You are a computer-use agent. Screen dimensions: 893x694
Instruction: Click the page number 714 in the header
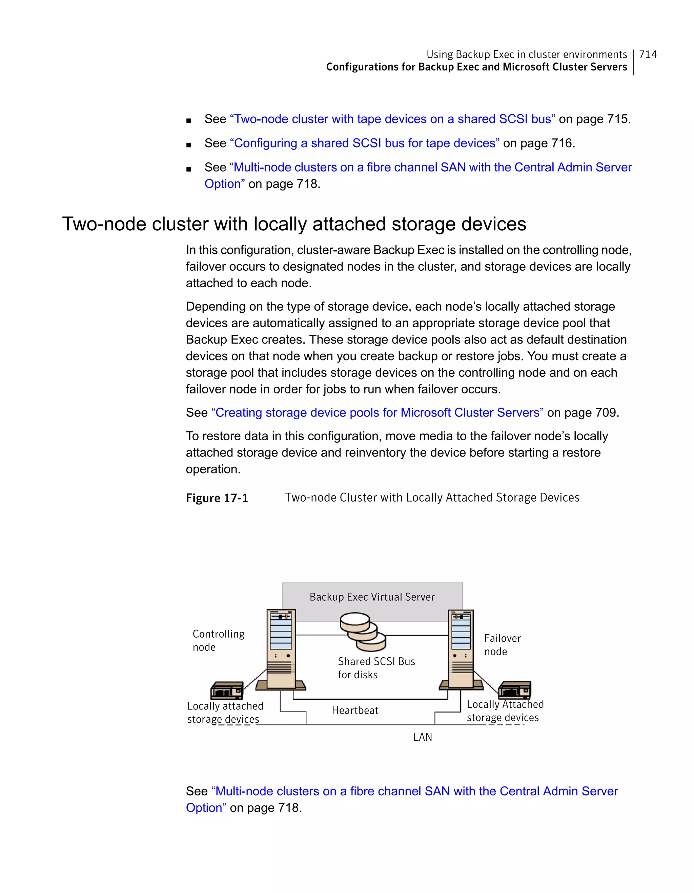648,54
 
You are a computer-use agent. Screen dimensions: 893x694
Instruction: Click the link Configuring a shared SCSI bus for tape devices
364,143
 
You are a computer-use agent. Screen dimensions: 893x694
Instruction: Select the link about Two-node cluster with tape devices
392,119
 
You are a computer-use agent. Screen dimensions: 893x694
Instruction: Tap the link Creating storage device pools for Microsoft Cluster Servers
377,412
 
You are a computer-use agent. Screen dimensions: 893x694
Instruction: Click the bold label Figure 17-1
217,498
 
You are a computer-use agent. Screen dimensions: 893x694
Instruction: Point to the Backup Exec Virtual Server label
372,597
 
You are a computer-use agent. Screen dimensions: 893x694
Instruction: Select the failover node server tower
461,650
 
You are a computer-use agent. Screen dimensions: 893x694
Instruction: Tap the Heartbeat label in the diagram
355,711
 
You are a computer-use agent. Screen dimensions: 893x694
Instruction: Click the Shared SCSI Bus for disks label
376,668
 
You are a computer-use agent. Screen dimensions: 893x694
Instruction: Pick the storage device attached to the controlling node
227,691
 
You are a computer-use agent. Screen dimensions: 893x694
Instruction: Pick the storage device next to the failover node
515,690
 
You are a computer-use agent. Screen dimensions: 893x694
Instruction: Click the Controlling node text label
218,640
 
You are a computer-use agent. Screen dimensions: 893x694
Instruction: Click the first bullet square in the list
189,121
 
